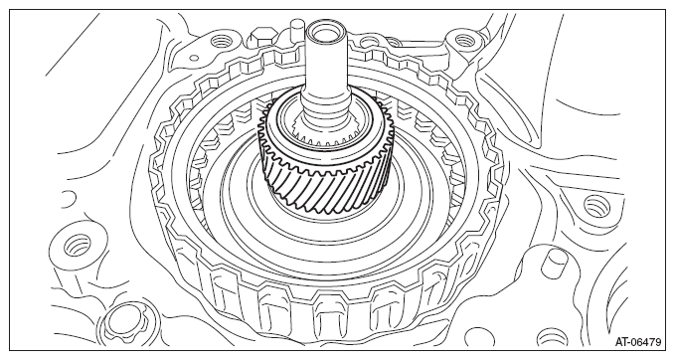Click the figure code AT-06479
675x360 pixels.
637,342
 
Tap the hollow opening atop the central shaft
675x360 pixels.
325,32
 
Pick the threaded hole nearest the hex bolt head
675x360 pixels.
220,42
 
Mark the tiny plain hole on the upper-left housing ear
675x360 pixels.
194,58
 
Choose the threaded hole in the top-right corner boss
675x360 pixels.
464,42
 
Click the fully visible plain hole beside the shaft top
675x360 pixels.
368,42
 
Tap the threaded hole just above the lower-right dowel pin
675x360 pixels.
597,206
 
